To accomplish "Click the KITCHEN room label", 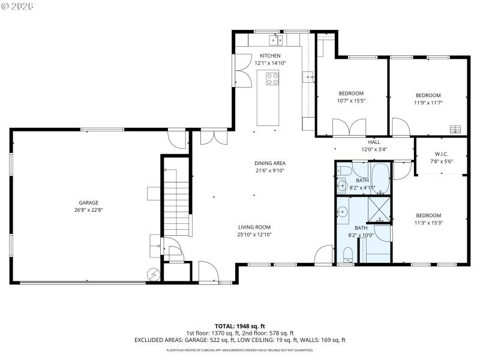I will click(x=269, y=56).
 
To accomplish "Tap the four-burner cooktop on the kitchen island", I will click(x=272, y=79).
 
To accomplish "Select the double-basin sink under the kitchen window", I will click(x=276, y=40).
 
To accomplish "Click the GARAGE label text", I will click(x=88, y=203).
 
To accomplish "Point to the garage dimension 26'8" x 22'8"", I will click(x=88, y=210).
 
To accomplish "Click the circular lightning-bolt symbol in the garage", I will click(x=152, y=274).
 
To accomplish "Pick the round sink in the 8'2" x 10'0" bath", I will click(x=343, y=211).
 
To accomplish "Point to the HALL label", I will click(x=374, y=142).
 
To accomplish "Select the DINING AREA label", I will click(x=269, y=163).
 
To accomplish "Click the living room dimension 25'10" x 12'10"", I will click(x=254, y=235).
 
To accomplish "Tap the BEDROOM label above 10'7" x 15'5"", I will click(x=351, y=93).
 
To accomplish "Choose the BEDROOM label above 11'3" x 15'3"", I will click(x=428, y=215).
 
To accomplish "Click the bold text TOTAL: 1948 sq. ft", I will click(x=239, y=326).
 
